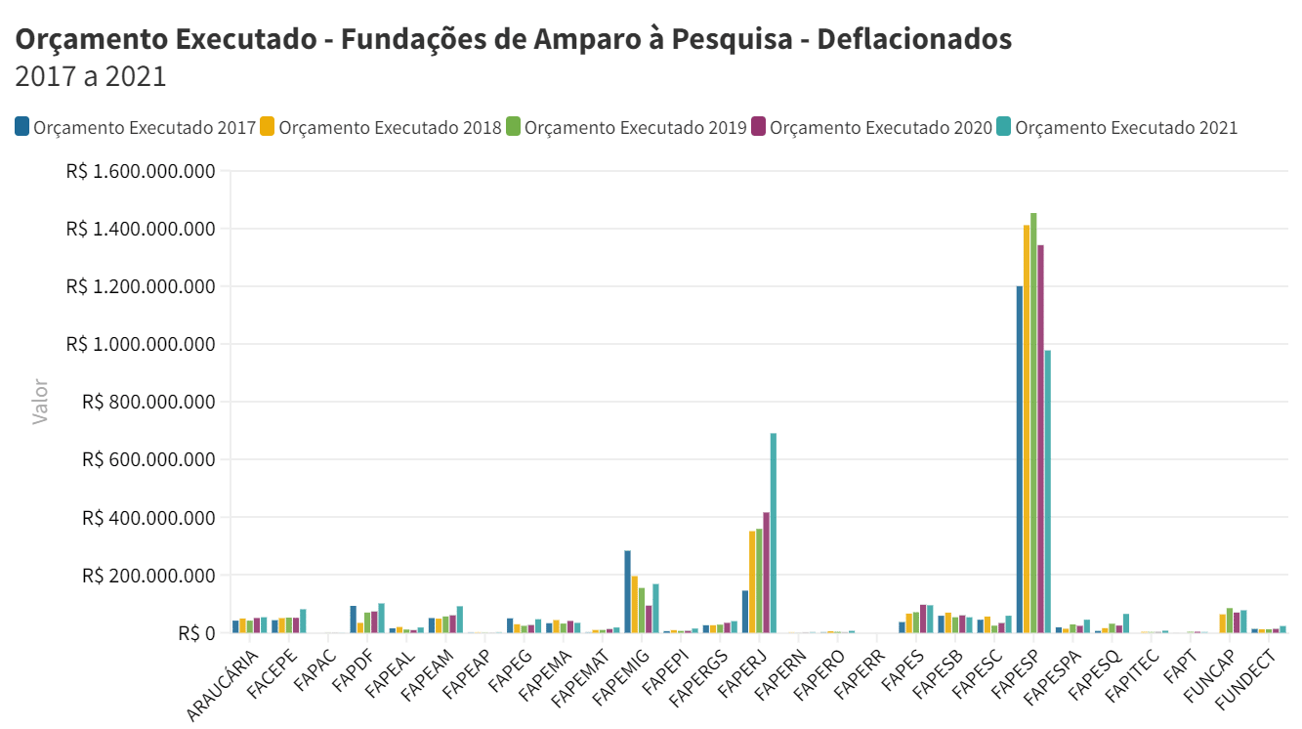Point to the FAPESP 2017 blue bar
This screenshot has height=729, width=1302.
(x=1019, y=459)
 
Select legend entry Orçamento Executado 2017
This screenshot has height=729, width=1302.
(x=144, y=127)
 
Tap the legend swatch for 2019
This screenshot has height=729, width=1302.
(x=513, y=127)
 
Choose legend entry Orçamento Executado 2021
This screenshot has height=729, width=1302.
(x=1126, y=127)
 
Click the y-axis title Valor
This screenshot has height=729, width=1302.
(x=40, y=402)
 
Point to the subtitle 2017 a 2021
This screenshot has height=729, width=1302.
(x=91, y=76)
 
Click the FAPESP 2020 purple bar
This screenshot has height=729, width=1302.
(x=1040, y=439)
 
